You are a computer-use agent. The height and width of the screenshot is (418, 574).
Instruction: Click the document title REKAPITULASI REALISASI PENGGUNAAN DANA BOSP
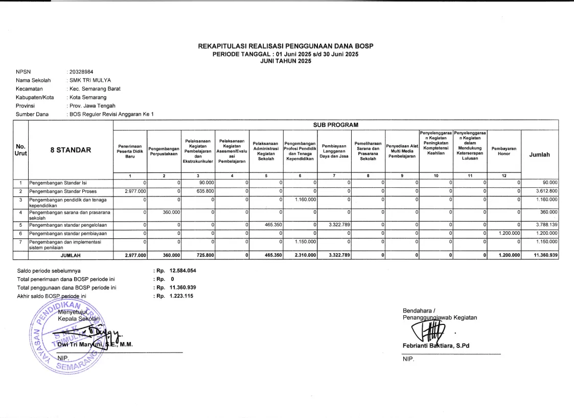286,46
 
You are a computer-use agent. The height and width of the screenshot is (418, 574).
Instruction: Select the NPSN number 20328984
81,72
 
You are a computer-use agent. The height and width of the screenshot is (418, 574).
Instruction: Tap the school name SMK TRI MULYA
89,80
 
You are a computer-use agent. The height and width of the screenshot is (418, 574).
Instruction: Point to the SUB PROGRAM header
335,125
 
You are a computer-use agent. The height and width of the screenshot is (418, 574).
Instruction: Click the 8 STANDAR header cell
71,150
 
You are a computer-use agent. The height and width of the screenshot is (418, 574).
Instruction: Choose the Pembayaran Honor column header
504,151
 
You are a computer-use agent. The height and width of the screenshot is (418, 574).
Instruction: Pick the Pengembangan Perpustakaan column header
164,151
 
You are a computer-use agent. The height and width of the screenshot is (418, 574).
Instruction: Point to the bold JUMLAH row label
71,255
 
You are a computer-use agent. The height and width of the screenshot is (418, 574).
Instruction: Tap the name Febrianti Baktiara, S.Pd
436,345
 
